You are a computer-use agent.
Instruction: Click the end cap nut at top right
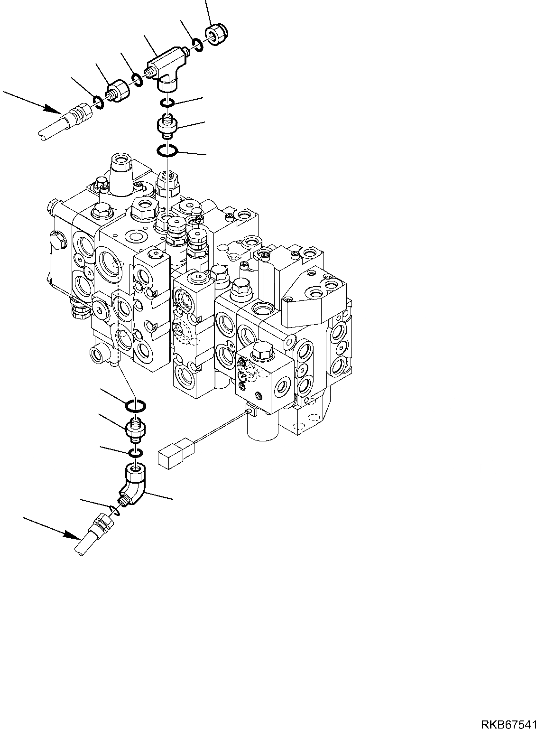(x=216, y=35)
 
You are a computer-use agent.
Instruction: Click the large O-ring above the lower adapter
(x=136, y=406)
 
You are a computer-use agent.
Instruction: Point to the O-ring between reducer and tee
(x=137, y=80)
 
